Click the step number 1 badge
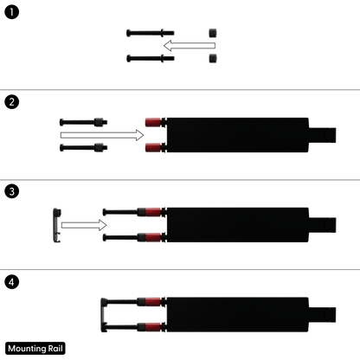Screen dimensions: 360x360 (x=12, y=12)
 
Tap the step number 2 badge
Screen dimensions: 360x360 (x=12, y=102)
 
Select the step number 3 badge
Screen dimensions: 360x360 (x=12, y=191)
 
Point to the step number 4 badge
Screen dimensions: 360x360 (x=12, y=282)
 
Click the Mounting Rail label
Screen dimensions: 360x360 (x=35, y=349)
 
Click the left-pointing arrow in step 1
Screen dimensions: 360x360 (x=190, y=46)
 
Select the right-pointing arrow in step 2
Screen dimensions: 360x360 (x=102, y=135)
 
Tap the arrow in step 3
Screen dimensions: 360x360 (x=84, y=225)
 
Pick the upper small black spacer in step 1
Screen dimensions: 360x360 (x=213, y=33)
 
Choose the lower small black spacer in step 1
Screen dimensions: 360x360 (x=213, y=58)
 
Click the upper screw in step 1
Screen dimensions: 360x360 (x=151, y=33)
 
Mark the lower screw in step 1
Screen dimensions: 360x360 (x=151, y=58)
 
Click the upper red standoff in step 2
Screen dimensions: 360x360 (x=153, y=122)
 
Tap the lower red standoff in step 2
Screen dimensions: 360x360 (x=153, y=148)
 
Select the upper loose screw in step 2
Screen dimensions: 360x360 (x=83, y=122)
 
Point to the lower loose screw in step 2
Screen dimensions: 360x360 (x=83, y=148)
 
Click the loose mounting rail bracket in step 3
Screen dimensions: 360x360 (x=55, y=225)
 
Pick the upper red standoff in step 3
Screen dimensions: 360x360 (x=153, y=212)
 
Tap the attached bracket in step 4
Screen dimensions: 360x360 (x=103, y=315)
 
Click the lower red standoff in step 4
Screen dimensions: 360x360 (x=153, y=327)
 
